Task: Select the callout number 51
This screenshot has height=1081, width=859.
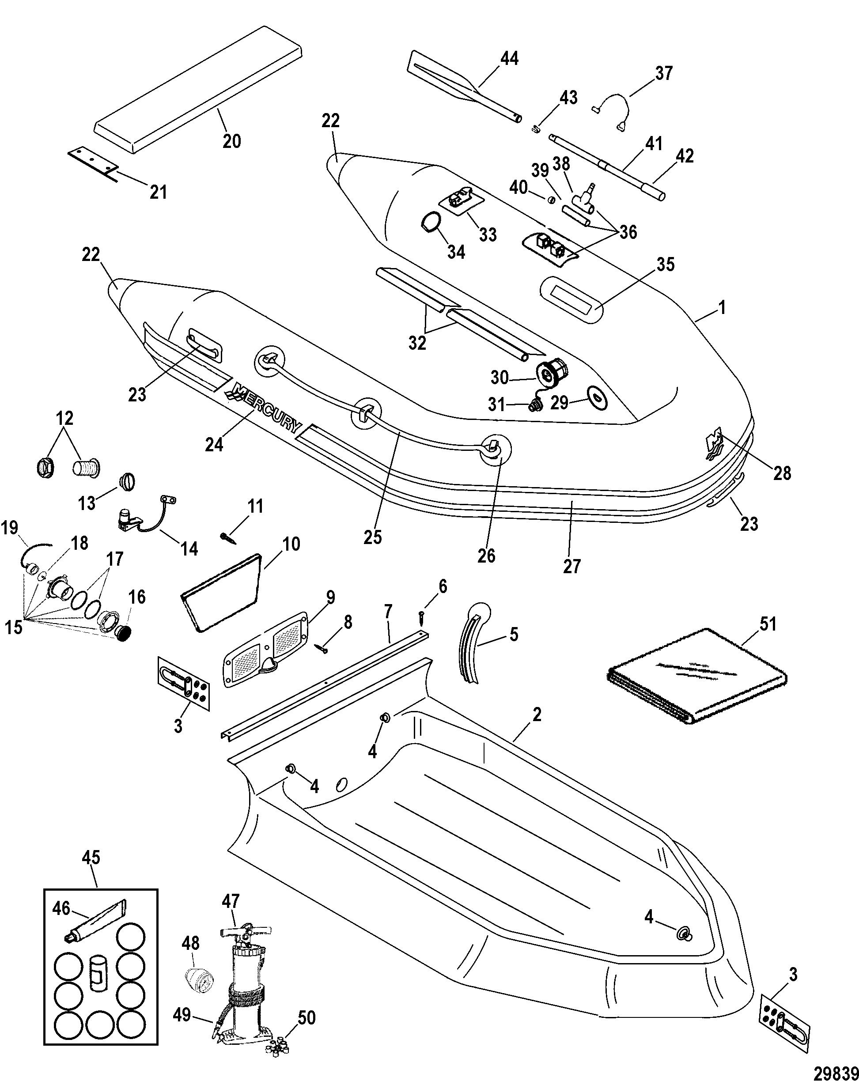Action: [768, 624]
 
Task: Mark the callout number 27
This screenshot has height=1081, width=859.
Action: [571, 566]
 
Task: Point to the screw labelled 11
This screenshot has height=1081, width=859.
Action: [227, 537]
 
